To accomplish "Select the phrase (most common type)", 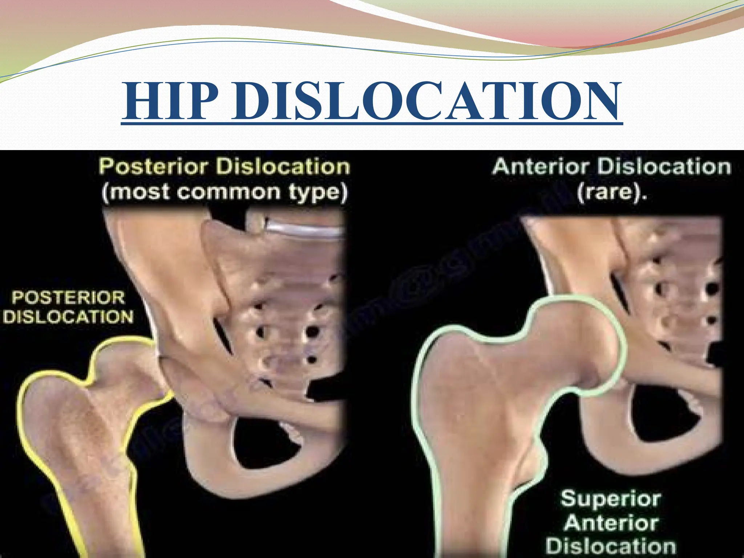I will point(225,193).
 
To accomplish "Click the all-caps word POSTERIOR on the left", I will point(69,298).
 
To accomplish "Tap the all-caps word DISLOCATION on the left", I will point(69,317).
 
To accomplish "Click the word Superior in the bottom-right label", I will point(610,499).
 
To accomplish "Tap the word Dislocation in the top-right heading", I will point(663,167).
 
